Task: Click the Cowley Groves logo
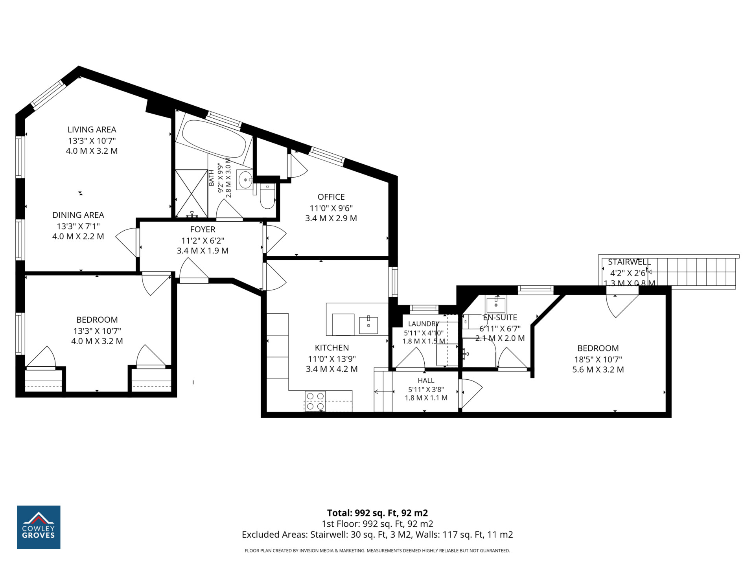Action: [39, 527]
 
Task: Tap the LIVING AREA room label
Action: [92, 129]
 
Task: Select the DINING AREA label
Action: [78, 215]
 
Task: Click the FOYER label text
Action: [203, 229]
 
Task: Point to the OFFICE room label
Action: [331, 197]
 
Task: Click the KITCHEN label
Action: [332, 347]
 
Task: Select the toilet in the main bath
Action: [267, 197]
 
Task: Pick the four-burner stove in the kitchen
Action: [315, 401]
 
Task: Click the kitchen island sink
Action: [368, 325]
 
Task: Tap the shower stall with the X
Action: [191, 193]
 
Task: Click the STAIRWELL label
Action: [629, 262]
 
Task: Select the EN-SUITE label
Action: [500, 317]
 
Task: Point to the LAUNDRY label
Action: [424, 323]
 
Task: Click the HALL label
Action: [426, 380]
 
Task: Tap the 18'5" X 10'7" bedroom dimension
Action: [598, 359]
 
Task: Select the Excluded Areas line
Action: [377, 535]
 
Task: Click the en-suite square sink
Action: [496, 305]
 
